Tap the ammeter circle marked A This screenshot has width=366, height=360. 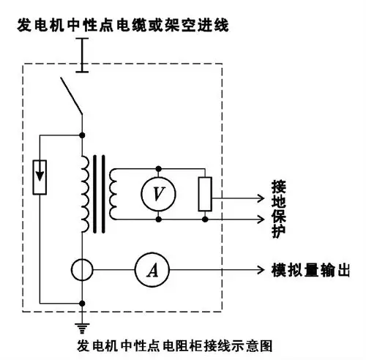tap(153, 271)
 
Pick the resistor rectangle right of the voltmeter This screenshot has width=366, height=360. tap(206, 193)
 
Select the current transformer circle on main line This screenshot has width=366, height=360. tap(82, 271)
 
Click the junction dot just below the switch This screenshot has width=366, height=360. tap(82, 134)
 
